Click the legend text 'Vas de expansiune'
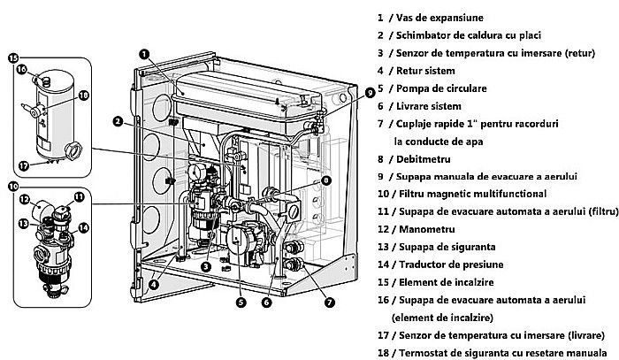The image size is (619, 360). (434, 17)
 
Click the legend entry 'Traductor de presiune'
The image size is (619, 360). (446, 264)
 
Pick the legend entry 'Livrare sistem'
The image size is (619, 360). (426, 105)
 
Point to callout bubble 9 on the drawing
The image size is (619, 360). (370, 91)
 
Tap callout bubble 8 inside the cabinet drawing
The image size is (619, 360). (326, 180)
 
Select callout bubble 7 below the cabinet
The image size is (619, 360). (330, 302)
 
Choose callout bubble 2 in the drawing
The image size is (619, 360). (117, 121)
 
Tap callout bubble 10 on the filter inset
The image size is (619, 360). (12, 187)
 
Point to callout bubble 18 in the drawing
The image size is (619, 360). (83, 95)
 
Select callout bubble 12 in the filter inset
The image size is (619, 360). (25, 199)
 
